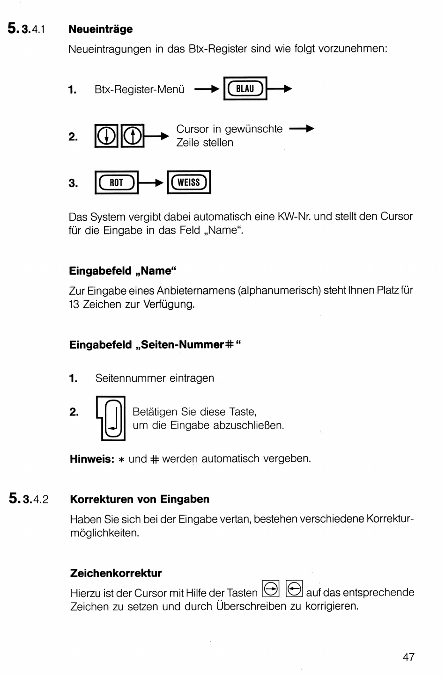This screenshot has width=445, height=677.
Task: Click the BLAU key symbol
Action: coord(245,88)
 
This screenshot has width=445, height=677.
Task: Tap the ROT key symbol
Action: coord(116,182)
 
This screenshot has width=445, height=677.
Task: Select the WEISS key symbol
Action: coord(189,182)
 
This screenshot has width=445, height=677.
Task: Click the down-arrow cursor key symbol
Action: coord(107,136)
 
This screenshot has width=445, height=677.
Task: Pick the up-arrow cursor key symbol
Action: coord(133,136)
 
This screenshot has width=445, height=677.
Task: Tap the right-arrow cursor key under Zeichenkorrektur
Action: coord(271,589)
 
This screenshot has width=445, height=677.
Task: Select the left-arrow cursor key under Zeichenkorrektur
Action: coord(294,589)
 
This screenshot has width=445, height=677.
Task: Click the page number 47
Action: coord(408,657)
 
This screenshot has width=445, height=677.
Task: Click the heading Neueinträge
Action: coord(101,29)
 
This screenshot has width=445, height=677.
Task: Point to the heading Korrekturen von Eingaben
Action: coord(140,499)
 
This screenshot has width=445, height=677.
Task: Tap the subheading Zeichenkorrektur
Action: coord(116,573)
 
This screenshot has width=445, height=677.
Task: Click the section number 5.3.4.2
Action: coord(29,499)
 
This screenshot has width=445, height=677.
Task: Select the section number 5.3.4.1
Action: coord(27,29)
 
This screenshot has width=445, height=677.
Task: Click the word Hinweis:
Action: coord(92,459)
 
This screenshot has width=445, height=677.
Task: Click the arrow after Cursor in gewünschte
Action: coord(302,129)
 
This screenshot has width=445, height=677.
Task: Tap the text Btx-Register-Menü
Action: coord(140,89)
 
